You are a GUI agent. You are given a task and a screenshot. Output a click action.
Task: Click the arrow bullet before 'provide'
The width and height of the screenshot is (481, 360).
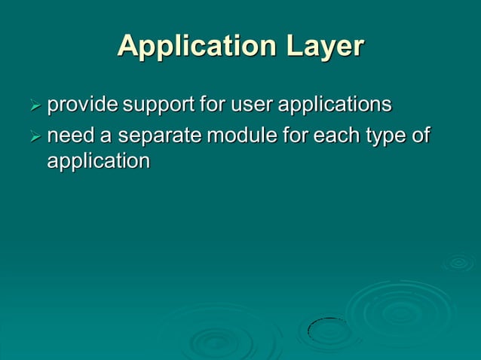[x=34, y=105]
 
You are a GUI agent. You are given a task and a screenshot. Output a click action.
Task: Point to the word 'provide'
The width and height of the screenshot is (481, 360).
[x=82, y=105]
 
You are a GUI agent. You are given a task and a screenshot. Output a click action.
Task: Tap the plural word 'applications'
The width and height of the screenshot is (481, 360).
[x=335, y=105]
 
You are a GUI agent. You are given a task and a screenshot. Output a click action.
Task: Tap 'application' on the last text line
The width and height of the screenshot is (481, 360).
[x=98, y=161]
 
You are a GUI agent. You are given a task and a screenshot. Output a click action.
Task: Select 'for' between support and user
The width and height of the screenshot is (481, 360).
[x=213, y=105]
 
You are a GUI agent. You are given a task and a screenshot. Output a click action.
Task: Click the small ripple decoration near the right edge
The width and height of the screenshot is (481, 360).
[x=458, y=263]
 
